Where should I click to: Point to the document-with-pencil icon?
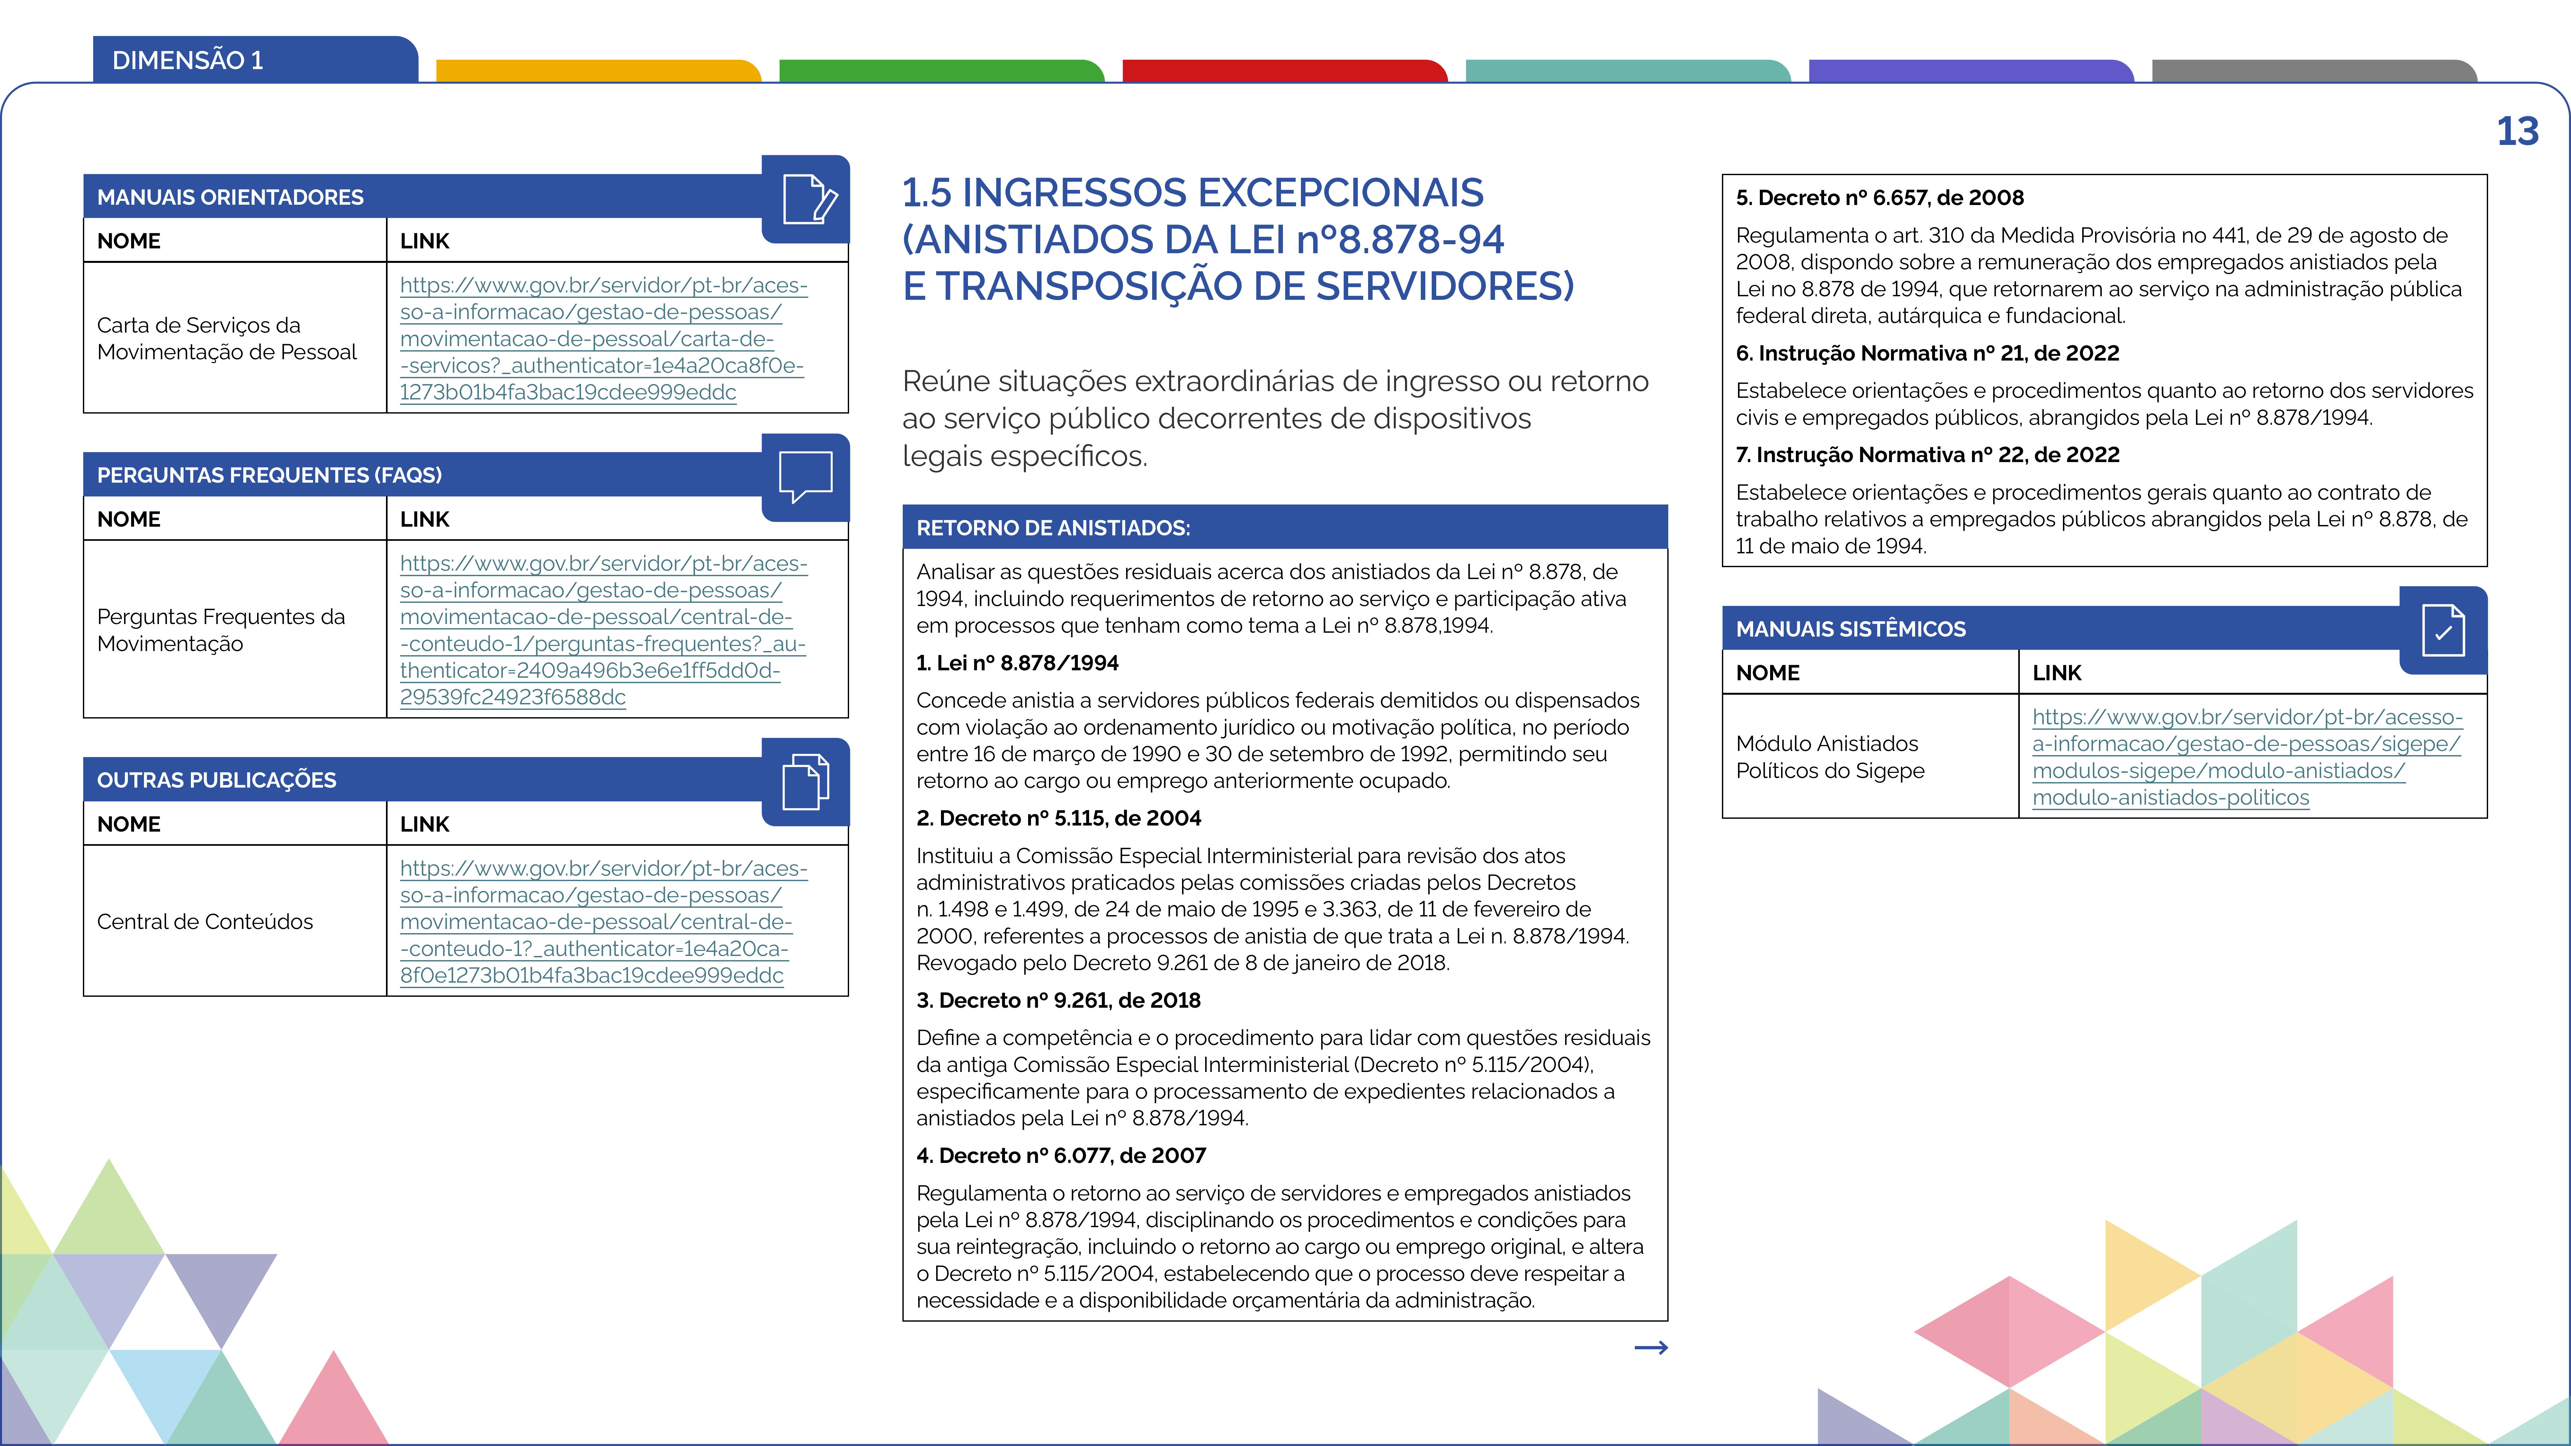(809, 199)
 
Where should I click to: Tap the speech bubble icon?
(805, 476)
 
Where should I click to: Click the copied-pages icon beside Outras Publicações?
(805, 781)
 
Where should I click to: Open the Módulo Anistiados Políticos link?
(2246, 756)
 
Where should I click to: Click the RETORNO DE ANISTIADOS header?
(1053, 528)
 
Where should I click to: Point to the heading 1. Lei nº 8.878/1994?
(1017, 663)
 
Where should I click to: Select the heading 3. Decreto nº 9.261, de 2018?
(1058, 1000)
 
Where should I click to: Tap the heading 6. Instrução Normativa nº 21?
(1926, 353)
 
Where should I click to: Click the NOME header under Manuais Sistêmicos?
(1768, 673)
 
